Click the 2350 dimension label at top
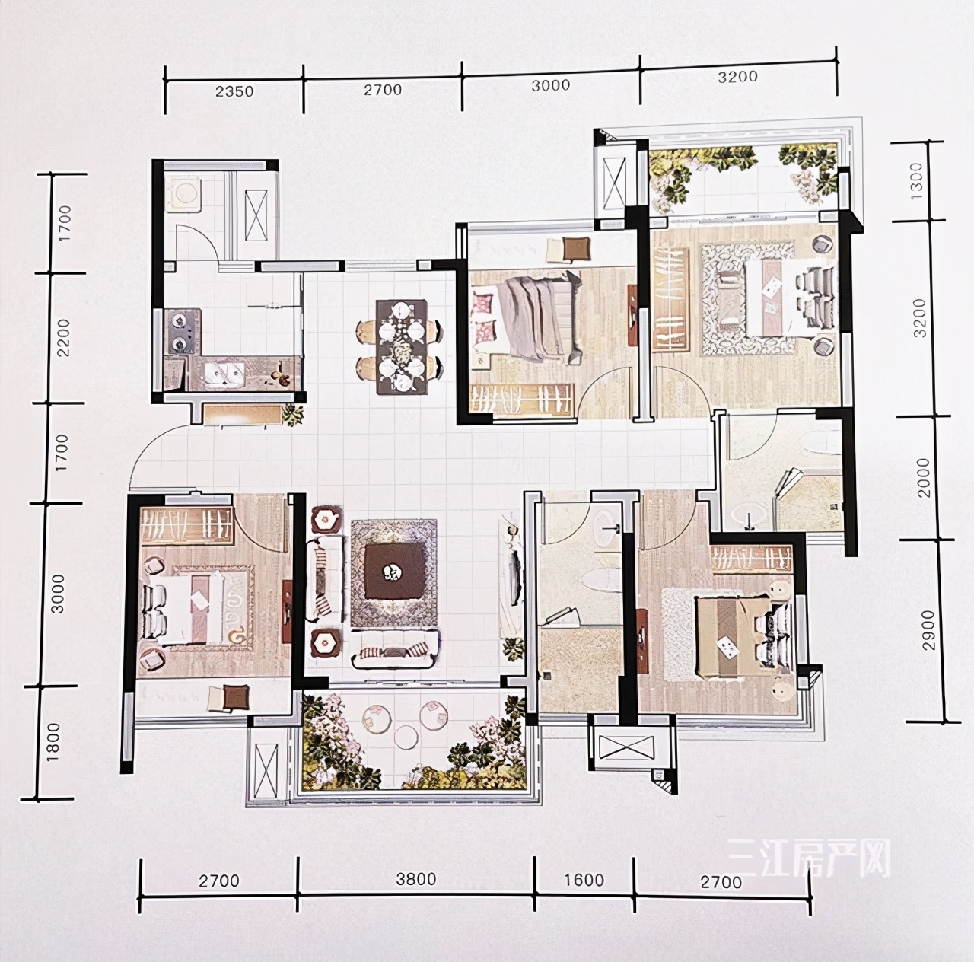point(234,91)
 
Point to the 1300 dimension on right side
point(916,180)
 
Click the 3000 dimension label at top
point(550,85)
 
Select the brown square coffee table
point(395,571)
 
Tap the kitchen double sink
point(223,372)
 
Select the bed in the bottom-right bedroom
point(735,635)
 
